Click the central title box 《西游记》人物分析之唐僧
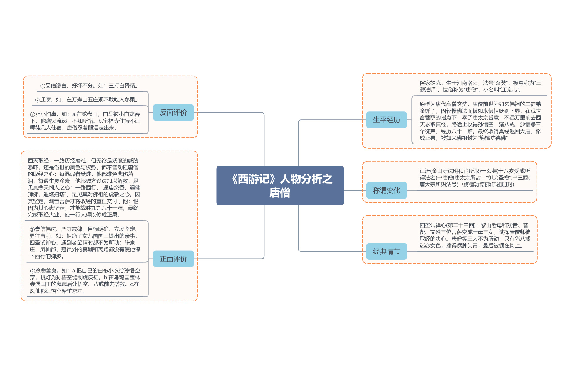pos(280,186)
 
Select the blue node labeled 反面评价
pos(173,112)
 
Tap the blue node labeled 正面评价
pos(173,259)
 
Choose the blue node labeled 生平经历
pos(386,120)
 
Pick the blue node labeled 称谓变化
pos(386,190)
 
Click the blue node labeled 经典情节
pos(386,251)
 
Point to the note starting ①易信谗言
pos(89,86)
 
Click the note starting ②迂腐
pos(87,100)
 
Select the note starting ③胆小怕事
pos(85,121)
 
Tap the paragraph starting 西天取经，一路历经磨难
pos(84,188)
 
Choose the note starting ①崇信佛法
pos(85,243)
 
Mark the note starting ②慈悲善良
pos(85,281)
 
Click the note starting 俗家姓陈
pos(480,86)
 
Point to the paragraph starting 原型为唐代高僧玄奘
pos(480,121)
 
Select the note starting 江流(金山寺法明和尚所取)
pos(475,178)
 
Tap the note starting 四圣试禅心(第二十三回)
pos(475,235)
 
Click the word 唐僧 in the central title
pos(280,193)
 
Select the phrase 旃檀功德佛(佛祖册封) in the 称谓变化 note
pos(489,184)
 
